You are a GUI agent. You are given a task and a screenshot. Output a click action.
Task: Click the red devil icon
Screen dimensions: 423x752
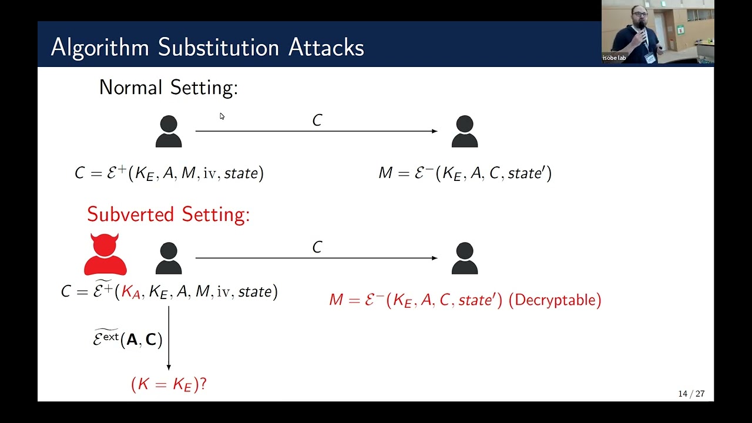click(105, 256)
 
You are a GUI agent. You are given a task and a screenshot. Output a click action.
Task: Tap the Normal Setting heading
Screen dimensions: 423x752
click(168, 88)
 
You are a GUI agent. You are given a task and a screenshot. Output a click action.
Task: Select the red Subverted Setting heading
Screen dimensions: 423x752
click(168, 214)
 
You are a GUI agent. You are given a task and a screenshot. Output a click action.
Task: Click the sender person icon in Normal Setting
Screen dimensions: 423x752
click(169, 132)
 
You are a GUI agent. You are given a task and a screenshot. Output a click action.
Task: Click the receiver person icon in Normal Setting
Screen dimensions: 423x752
click(464, 132)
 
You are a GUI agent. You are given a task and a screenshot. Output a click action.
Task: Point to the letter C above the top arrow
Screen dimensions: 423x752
click(317, 120)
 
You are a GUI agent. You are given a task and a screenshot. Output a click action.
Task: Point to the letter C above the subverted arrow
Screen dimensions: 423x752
click(317, 247)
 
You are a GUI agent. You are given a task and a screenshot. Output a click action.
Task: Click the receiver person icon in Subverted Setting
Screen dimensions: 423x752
click(464, 258)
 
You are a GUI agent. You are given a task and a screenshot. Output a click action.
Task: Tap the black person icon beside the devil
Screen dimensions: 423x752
click(169, 258)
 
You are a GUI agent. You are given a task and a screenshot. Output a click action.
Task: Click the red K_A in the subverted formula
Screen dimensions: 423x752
click(131, 292)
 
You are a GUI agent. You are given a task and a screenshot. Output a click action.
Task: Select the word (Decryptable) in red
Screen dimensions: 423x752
click(555, 300)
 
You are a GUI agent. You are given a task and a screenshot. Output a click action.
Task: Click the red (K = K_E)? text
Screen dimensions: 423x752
click(169, 385)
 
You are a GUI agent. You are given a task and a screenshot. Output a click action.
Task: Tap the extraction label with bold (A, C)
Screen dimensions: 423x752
click(127, 339)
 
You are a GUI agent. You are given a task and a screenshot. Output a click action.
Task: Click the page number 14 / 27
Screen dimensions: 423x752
click(691, 394)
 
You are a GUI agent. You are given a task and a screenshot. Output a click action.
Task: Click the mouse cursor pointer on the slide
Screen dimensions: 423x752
click(221, 116)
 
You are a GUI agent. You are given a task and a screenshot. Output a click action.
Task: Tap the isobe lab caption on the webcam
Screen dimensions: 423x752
click(614, 58)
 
